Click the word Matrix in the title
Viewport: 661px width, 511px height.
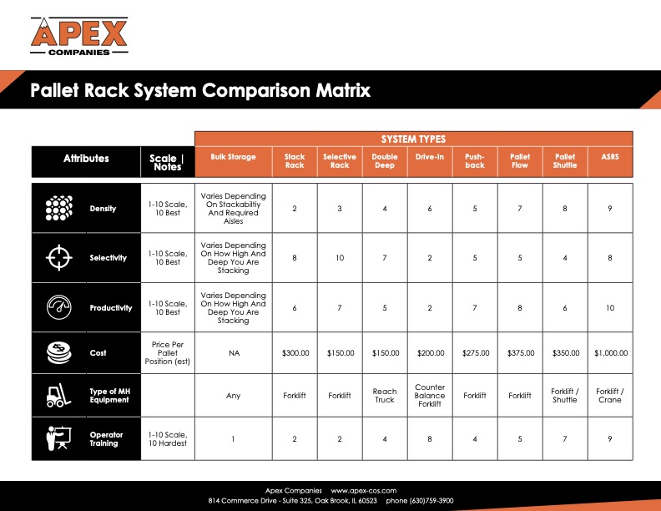[x=339, y=90]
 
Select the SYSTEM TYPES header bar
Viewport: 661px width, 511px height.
[x=413, y=139]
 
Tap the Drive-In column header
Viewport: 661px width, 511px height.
[x=430, y=157]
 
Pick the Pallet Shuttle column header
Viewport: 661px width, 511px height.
[x=565, y=161]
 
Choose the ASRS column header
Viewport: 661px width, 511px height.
[x=610, y=157]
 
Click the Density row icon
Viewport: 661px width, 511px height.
[x=59, y=208]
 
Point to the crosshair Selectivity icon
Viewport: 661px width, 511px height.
[x=59, y=258]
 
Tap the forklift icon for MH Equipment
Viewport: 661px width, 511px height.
[x=59, y=395]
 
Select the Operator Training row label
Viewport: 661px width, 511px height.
[x=104, y=439]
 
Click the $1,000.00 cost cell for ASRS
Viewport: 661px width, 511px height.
[x=610, y=353]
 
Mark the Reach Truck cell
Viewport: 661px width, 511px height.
[x=385, y=396]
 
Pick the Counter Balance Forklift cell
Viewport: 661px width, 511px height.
[x=430, y=396]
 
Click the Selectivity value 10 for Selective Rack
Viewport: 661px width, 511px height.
[x=340, y=258]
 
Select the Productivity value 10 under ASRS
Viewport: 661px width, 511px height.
[x=610, y=308]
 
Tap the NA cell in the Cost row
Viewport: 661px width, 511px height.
[x=234, y=353]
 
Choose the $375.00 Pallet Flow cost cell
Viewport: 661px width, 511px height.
[x=520, y=353]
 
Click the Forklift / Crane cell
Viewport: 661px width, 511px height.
[x=610, y=396]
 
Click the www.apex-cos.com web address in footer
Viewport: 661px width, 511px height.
[x=363, y=490]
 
